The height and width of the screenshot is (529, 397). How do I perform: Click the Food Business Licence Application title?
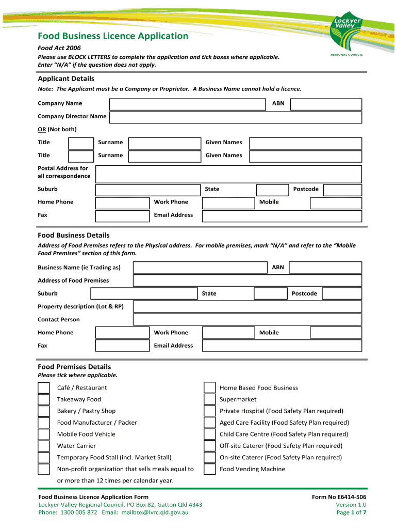pyautogui.click(x=113, y=36)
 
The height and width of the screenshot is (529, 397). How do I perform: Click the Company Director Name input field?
pyautogui.click(x=235, y=117)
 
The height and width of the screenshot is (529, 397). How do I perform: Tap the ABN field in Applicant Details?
pyautogui.click(x=326, y=104)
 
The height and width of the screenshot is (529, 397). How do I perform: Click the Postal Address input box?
pyautogui.click(x=228, y=174)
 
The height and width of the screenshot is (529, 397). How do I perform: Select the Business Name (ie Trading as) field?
pyautogui.click(x=201, y=268)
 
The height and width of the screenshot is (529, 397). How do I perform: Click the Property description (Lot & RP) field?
pyautogui.click(x=247, y=307)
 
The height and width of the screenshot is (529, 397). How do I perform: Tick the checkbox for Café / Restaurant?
pyautogui.click(x=44, y=388)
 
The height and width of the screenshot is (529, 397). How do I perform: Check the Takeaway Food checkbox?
pyautogui.click(x=44, y=399)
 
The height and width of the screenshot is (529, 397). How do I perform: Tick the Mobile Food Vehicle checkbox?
pyautogui.click(x=44, y=434)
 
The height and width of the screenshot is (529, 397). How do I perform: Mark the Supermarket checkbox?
pyautogui.click(x=209, y=399)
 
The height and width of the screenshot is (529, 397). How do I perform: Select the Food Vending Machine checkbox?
pyautogui.click(x=209, y=469)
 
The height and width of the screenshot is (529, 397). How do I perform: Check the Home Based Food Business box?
pyautogui.click(x=209, y=388)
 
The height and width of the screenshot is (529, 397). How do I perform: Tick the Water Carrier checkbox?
pyautogui.click(x=44, y=446)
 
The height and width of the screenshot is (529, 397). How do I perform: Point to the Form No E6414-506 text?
pyautogui.click(x=339, y=497)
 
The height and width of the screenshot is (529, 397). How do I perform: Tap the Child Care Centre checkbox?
pyautogui.click(x=209, y=434)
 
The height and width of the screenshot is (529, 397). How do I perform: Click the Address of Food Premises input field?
pyautogui.click(x=247, y=281)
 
